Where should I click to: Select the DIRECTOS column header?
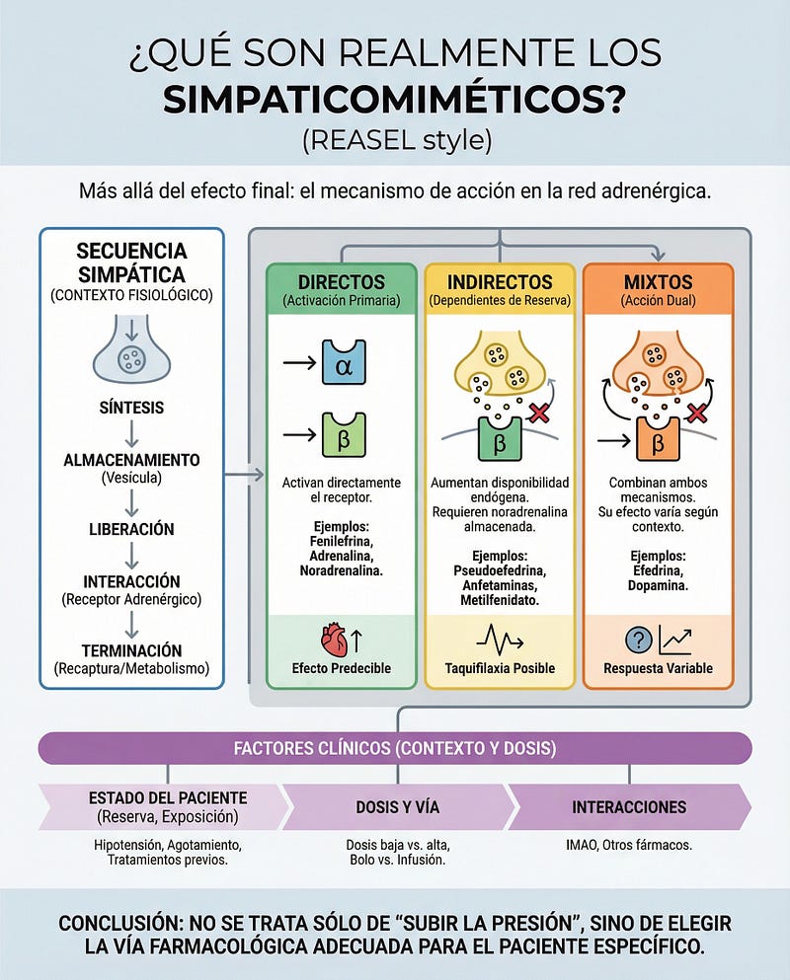click(342, 281)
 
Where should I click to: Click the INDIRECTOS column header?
click(499, 281)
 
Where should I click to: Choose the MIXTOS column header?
click(658, 281)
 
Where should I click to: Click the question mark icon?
click(639, 641)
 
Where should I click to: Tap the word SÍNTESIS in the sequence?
click(131, 408)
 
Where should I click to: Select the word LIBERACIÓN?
click(131, 529)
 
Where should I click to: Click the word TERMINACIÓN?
click(131, 650)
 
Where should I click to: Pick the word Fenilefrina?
click(342, 541)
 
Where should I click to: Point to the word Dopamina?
click(658, 558)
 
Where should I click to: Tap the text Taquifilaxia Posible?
click(499, 668)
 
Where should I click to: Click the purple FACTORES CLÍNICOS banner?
click(394, 748)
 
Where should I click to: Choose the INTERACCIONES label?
click(629, 806)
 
